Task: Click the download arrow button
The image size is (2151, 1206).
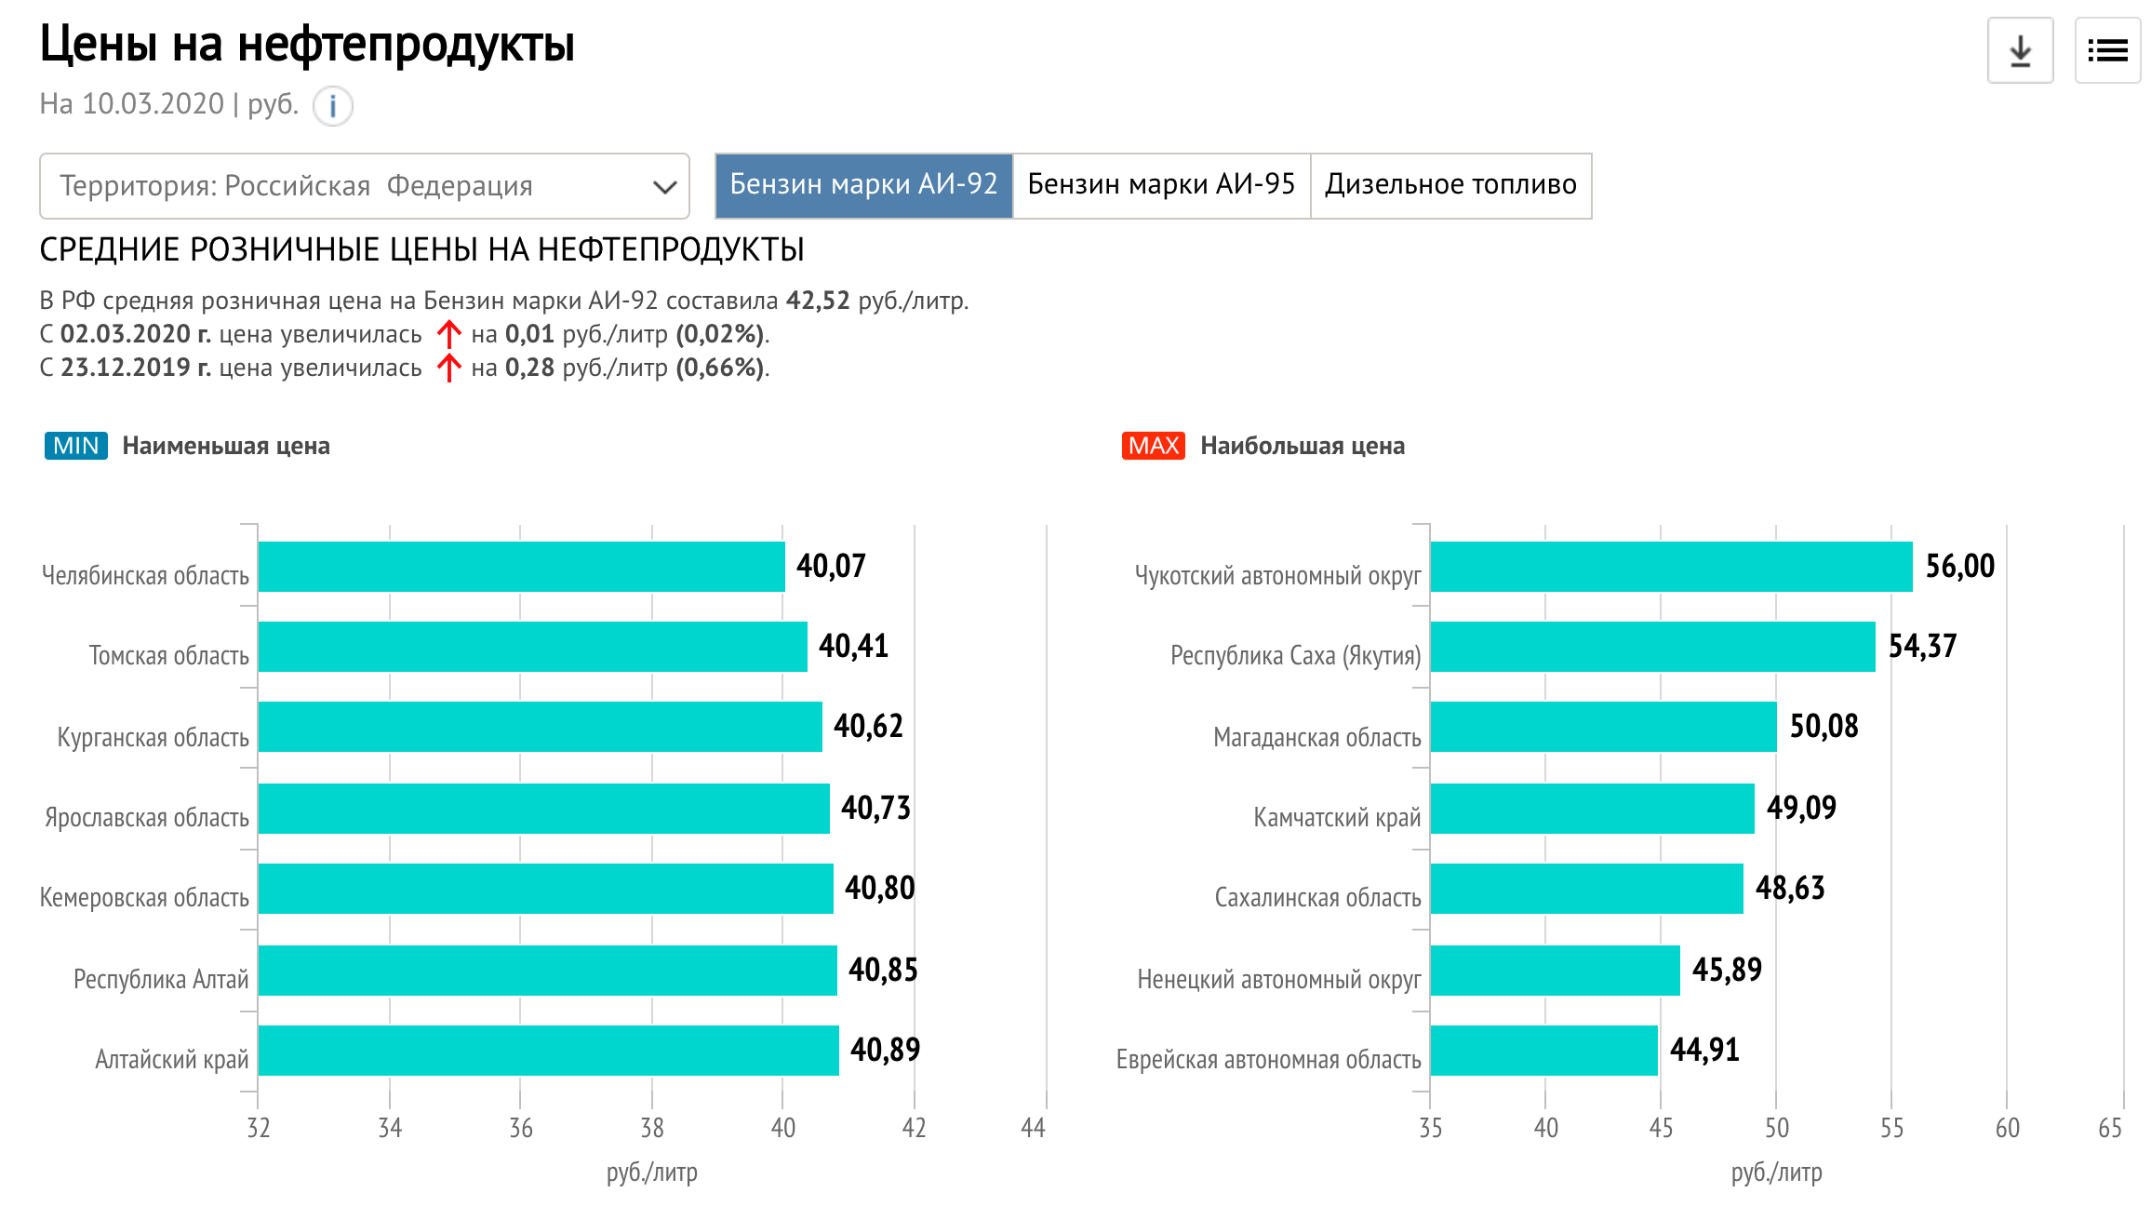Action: [2020, 51]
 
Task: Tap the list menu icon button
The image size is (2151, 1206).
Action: [2107, 51]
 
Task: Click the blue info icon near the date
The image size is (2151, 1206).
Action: [332, 105]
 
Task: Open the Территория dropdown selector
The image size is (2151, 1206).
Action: [364, 186]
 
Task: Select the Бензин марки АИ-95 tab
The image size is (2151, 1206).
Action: [1161, 185]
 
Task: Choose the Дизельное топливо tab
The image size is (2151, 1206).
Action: [1450, 185]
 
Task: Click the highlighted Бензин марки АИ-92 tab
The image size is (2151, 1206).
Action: [863, 185]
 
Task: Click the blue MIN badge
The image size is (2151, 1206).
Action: [75, 446]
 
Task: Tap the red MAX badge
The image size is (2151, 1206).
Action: [1153, 446]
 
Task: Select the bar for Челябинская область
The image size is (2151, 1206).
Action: [521, 567]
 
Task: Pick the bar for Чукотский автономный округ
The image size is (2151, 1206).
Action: [1671, 567]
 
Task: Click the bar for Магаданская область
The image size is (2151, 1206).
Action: [1603, 727]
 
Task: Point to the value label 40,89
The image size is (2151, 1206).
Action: [885, 1051]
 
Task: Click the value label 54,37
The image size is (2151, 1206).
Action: [1922, 647]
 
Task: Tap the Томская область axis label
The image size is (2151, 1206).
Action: [168, 656]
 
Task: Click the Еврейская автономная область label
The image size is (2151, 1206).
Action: [1268, 1060]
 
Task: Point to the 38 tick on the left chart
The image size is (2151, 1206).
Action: [652, 1129]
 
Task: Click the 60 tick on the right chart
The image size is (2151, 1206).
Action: [2007, 1129]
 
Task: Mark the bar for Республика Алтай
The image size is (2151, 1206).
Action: [547, 971]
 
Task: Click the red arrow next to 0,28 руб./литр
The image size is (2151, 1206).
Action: [448, 368]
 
